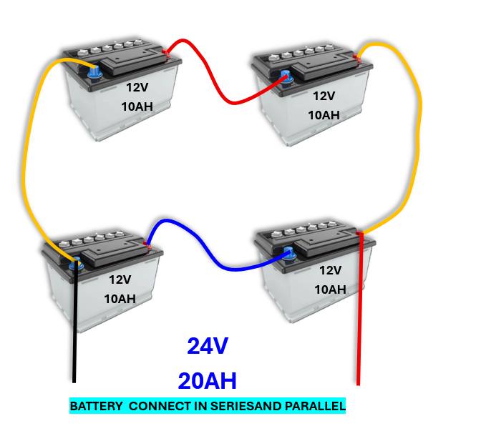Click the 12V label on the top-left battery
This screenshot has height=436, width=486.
[137, 88]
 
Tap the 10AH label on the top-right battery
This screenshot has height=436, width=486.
[324, 115]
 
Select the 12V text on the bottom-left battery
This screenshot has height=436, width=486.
[120, 279]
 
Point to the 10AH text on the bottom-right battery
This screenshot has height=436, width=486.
[331, 289]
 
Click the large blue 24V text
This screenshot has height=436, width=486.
[208, 346]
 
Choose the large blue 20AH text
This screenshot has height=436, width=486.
[208, 381]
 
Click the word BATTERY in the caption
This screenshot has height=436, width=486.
[96, 406]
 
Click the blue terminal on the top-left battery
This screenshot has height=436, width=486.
[94, 73]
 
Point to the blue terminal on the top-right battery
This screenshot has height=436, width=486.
[286, 77]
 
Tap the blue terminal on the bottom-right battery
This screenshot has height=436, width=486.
[288, 254]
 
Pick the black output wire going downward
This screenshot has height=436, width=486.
[74, 322]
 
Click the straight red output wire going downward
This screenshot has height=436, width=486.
[359, 309]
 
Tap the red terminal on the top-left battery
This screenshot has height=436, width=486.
[167, 53]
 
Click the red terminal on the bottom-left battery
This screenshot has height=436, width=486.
[147, 246]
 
